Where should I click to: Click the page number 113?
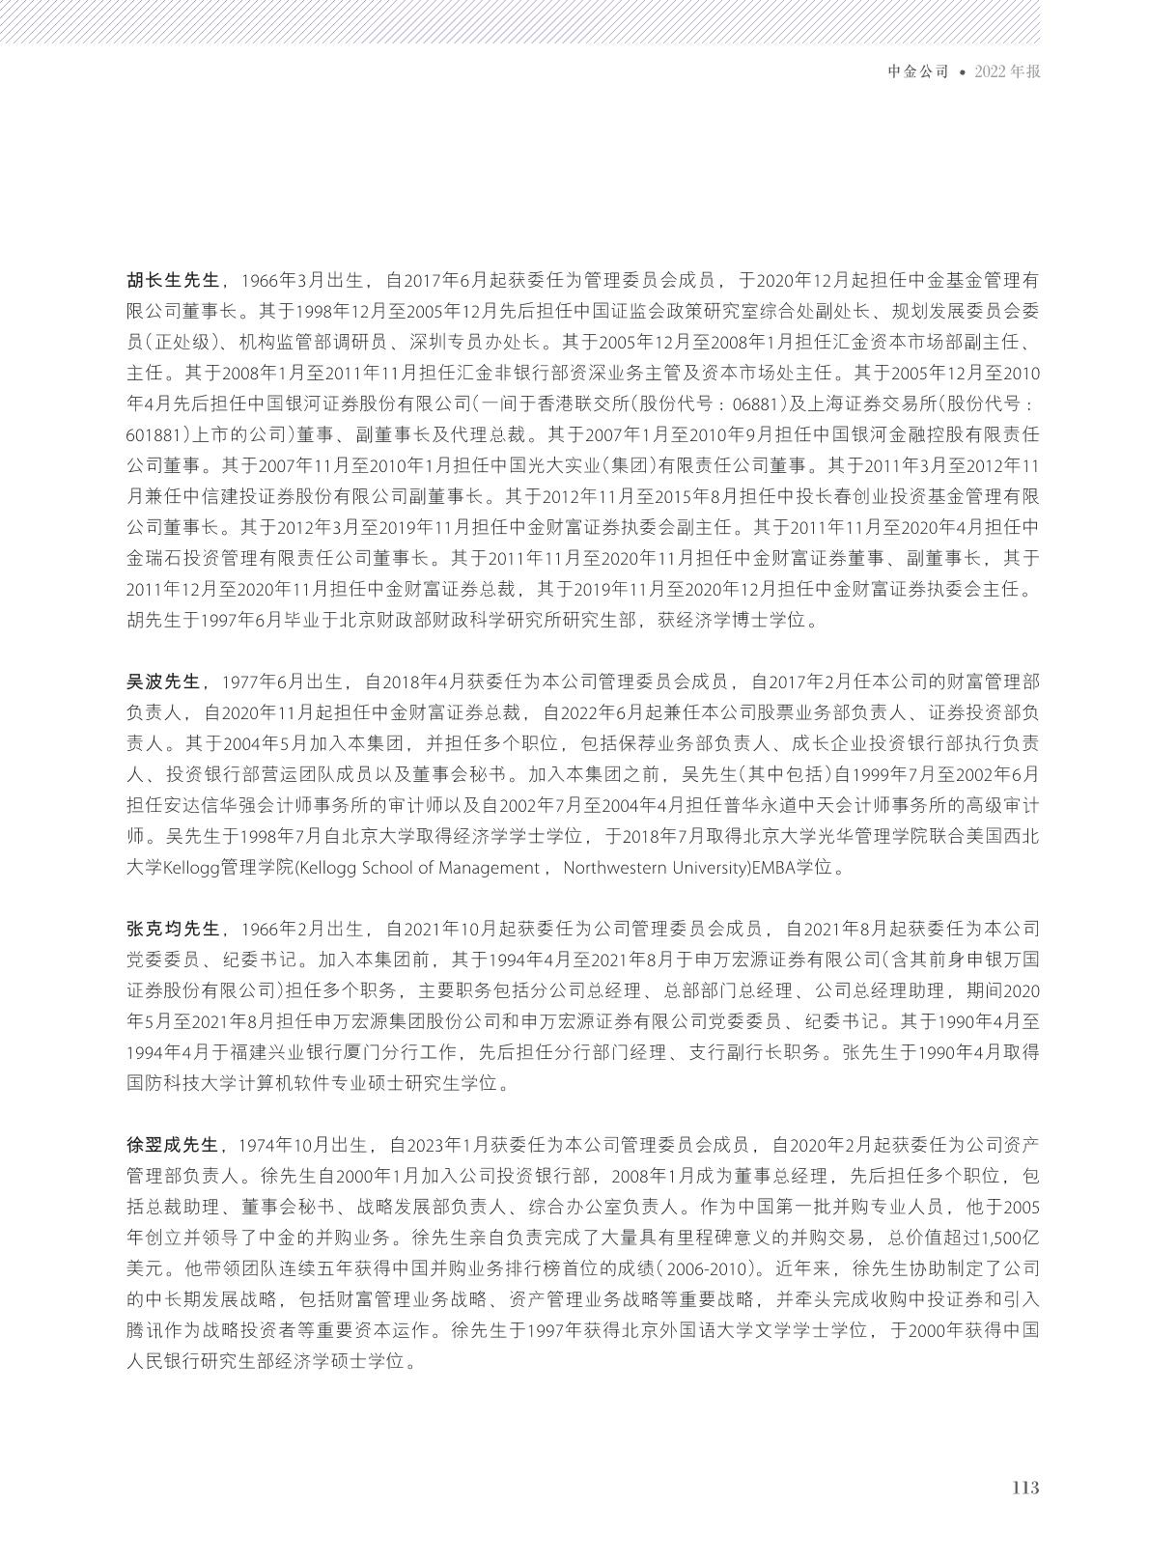coord(1024,1488)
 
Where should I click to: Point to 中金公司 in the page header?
coord(918,72)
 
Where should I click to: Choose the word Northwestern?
coord(624,867)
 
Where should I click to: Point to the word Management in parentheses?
coord(487,867)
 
